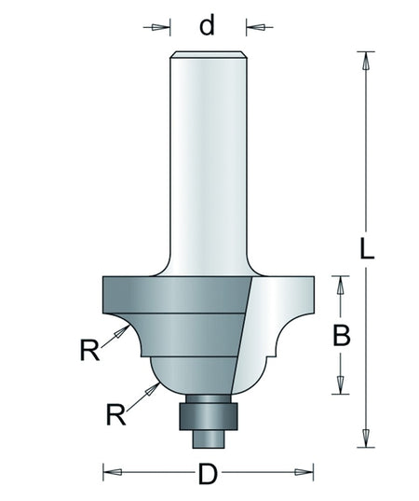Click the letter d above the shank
[207, 25]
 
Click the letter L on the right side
[366, 248]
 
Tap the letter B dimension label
[342, 335]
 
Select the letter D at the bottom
[208, 474]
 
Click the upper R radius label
[89, 350]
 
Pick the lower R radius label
[116, 414]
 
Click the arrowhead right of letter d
[255, 27]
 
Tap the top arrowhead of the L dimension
[366, 61]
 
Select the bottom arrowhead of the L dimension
[366, 438]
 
